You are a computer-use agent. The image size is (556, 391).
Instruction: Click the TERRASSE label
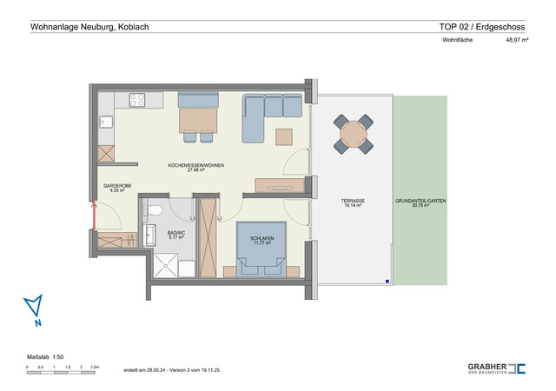point(353,202)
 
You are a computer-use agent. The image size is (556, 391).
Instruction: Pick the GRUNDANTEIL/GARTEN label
point(420,202)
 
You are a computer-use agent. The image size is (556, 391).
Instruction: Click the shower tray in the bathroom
point(171,265)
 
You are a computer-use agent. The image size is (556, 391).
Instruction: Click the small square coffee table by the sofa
point(284,136)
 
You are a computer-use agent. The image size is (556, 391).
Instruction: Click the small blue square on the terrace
point(388,281)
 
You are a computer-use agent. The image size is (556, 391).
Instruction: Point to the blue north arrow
point(33,308)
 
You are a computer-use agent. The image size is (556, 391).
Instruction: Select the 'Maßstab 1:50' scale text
point(47,357)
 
